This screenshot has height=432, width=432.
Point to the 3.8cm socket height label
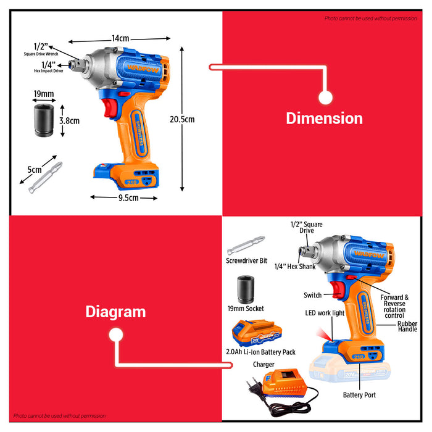(x=69, y=121)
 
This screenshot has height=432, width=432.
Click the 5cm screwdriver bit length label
(x=34, y=170)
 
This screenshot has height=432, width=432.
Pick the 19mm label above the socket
(x=44, y=94)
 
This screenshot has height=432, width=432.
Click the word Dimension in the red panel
(x=324, y=118)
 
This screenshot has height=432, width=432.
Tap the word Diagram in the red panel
(x=115, y=312)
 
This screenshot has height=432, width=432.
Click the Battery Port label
(x=360, y=394)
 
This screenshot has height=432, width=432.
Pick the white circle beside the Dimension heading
(x=325, y=98)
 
